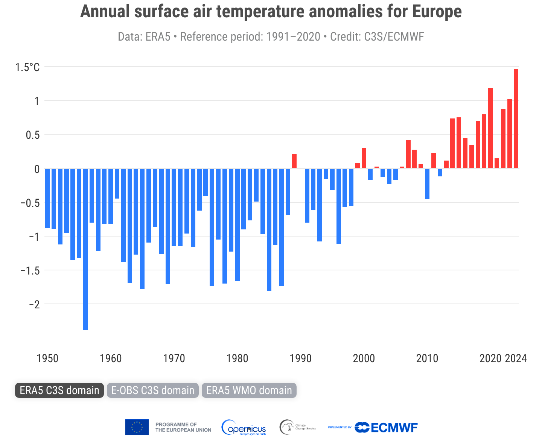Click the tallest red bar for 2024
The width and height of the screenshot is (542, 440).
coord(516,118)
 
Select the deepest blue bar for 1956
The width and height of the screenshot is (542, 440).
coord(85,249)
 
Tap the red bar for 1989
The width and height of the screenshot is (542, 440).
coord(294,161)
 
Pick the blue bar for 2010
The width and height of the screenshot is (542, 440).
coord(427,184)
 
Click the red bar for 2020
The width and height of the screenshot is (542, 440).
coord(490,128)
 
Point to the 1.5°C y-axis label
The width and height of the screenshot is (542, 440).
coord(27,68)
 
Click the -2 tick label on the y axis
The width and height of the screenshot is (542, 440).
coord(34,304)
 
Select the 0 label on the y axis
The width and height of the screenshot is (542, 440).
coord(37,169)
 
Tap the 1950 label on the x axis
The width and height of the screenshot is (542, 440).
coord(47,358)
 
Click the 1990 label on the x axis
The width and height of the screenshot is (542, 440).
coord(301,358)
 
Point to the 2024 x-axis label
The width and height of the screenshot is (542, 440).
coord(516,358)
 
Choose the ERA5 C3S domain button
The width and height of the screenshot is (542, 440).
coord(59,390)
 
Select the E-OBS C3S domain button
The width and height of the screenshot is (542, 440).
coord(153,390)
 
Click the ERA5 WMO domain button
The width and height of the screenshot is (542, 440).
coord(249,390)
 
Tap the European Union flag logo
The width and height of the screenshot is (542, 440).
coord(137,427)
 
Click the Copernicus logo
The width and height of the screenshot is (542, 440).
coord(244,428)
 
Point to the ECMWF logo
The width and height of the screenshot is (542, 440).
coord(387,428)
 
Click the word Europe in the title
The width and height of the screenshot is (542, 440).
coord(437,11)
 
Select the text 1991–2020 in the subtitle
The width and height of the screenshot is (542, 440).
coord(293,36)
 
